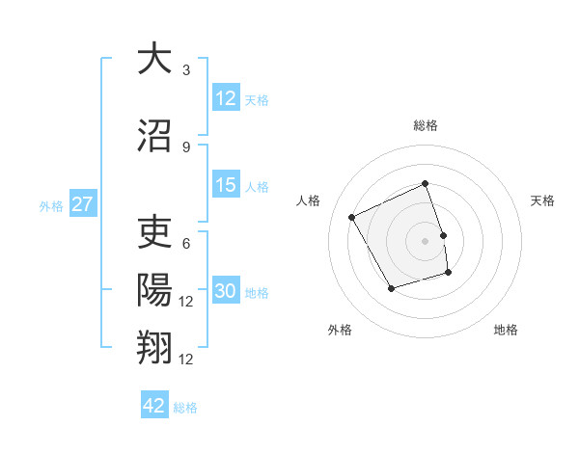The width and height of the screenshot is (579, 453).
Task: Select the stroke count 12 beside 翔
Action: tap(186, 360)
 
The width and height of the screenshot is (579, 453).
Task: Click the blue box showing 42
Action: tap(154, 406)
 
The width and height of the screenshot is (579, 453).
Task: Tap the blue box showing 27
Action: tap(83, 204)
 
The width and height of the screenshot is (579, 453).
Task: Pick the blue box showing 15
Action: tap(226, 185)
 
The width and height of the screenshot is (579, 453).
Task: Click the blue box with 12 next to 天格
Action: tap(226, 98)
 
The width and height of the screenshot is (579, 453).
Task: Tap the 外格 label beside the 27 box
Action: tap(51, 205)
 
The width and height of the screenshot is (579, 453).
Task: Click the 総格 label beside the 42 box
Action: tap(185, 407)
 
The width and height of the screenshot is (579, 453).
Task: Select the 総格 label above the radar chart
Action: tap(425, 125)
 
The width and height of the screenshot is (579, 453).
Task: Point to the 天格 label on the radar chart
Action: tap(543, 200)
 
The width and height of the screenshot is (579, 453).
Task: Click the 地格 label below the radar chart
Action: tap(506, 330)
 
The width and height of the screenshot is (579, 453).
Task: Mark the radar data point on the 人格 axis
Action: tap(352, 218)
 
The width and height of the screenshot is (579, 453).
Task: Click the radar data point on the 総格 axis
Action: tap(425, 184)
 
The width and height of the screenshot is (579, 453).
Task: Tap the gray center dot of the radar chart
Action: tap(425, 241)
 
